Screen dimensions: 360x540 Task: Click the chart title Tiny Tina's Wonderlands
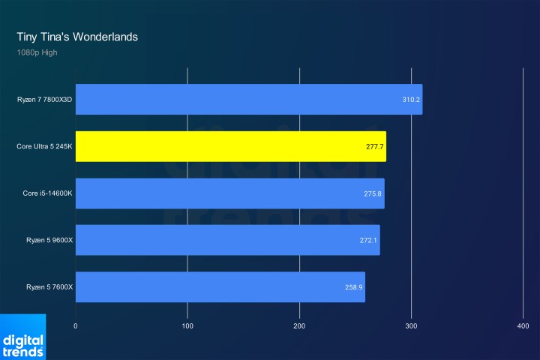coord(77,36)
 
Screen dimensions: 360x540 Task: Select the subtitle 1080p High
coord(37,52)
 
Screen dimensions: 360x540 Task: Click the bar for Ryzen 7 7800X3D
coord(247,99)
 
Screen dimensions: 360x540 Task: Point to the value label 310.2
coord(411,99)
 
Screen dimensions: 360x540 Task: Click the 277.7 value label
coord(374,146)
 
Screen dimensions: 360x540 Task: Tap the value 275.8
coord(373,193)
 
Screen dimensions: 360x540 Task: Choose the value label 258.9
coord(354,287)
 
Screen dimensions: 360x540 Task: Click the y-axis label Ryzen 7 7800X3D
coord(44,99)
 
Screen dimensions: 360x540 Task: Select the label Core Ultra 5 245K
coord(43,146)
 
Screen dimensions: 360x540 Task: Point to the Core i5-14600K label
coord(46,193)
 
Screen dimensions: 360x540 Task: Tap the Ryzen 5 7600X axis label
coord(48,287)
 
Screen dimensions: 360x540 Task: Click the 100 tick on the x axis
coord(187,326)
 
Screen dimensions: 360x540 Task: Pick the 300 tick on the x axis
coord(411,326)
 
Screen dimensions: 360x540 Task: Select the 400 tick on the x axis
coord(523,326)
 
